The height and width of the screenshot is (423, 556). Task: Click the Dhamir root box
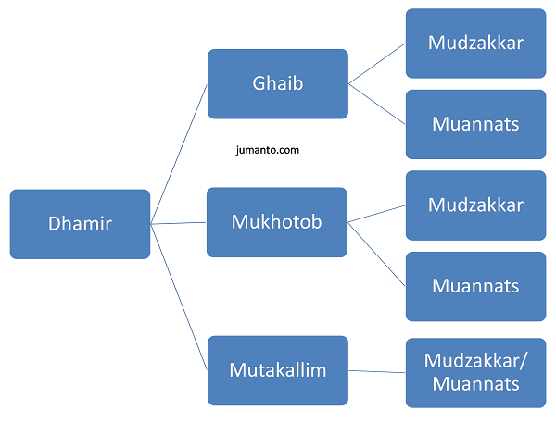(80, 224)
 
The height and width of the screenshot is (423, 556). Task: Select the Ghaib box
(278, 84)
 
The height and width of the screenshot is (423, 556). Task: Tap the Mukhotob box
(277, 222)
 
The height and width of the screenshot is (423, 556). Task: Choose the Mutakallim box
(278, 370)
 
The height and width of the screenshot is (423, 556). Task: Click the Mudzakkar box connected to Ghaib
(476, 44)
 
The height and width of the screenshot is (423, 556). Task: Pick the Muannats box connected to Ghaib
(476, 124)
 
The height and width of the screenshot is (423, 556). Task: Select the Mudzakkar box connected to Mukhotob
(476, 205)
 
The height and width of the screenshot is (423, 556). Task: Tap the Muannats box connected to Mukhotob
(476, 287)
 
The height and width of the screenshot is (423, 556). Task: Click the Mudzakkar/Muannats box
(476, 373)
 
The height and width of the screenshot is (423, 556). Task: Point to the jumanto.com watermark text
(268, 150)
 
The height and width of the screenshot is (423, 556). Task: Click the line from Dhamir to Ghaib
(179, 154)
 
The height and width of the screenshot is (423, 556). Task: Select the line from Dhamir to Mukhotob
(178, 223)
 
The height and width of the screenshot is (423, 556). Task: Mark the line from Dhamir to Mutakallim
(179, 297)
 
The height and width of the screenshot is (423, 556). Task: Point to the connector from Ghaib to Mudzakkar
(377, 64)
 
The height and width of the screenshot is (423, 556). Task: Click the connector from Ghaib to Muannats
(377, 105)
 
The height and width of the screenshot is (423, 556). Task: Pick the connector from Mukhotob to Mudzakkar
(376, 214)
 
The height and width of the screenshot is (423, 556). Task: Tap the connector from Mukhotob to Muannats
(376, 255)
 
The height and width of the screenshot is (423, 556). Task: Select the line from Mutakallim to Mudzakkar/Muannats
(377, 372)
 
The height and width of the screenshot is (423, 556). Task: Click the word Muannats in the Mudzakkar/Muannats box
(476, 384)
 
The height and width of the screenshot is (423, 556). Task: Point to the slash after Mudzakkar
(524, 361)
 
